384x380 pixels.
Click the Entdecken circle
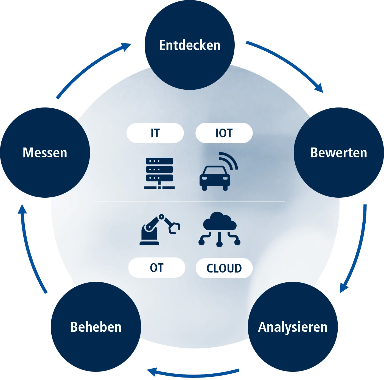tap(189, 45)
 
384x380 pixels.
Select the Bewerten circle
tap(338, 152)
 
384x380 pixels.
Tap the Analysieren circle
tap(293, 327)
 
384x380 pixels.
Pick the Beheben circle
tap(96, 327)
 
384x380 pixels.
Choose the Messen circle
tap(45, 152)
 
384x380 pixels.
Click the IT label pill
tap(155, 133)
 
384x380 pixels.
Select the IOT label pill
tap(224, 133)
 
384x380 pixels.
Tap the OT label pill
tap(157, 268)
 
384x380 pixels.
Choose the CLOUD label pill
tap(224, 268)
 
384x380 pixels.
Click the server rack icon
tap(159, 173)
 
